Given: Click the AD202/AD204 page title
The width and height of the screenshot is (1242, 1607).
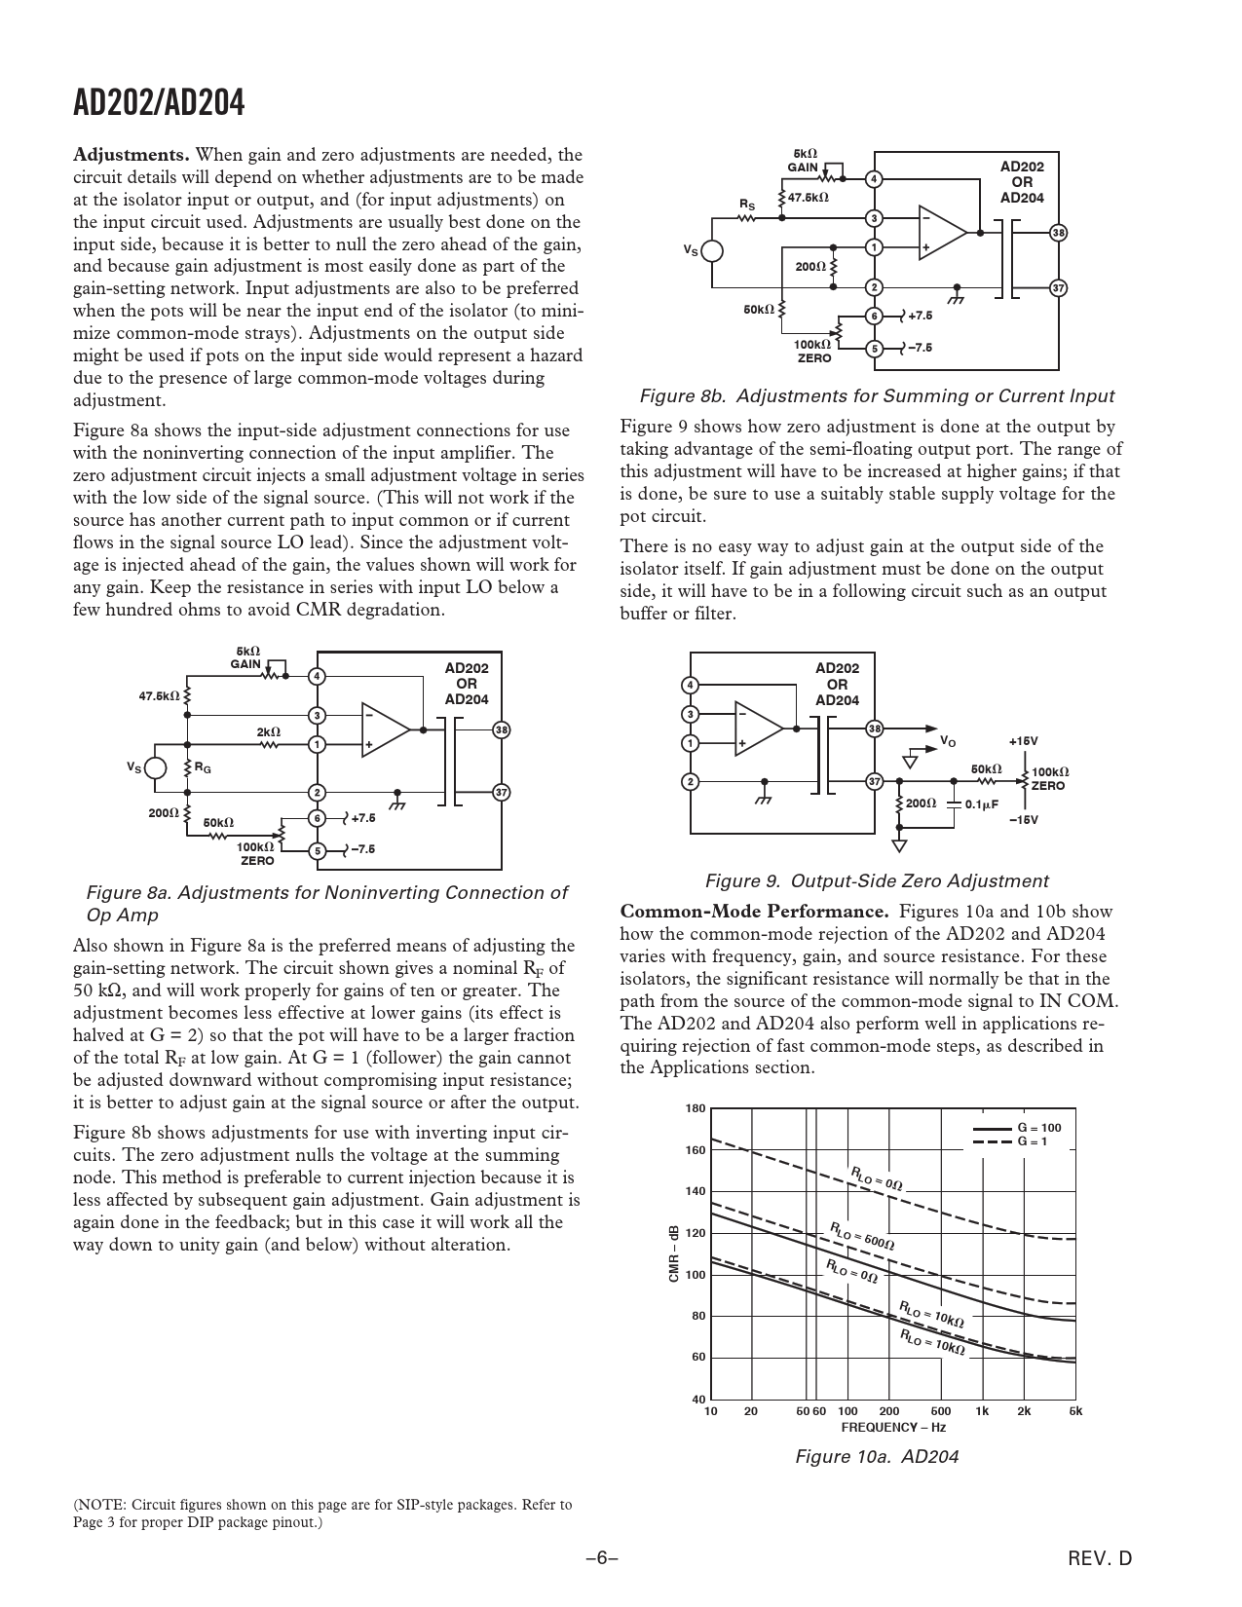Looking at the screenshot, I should coord(160,103).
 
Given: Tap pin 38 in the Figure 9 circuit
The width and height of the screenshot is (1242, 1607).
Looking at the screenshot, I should coord(875,729).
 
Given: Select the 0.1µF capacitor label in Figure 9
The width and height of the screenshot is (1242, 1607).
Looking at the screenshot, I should coord(982,804).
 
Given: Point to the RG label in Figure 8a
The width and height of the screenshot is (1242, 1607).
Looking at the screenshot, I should coord(203,768).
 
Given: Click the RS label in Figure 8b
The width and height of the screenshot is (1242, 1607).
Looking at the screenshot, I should coord(747,205).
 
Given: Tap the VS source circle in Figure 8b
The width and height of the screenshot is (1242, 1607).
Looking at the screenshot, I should coord(712,251).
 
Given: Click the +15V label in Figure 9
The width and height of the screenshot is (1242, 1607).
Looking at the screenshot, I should coord(1024,741).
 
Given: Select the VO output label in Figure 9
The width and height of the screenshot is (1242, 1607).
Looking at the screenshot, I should coord(947,742).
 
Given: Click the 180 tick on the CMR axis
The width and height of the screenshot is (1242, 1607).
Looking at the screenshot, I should coord(696,1109).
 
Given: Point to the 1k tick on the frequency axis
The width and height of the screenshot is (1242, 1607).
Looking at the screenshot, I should coord(981,1411).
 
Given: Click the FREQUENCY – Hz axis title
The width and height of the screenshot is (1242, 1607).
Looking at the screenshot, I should coord(893,1428).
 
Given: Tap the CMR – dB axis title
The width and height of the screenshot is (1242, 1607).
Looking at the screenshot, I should coord(674,1253).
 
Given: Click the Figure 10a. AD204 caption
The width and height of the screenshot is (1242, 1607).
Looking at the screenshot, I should coord(877,1457).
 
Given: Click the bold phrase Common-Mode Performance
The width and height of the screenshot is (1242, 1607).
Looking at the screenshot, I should coord(755,913).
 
